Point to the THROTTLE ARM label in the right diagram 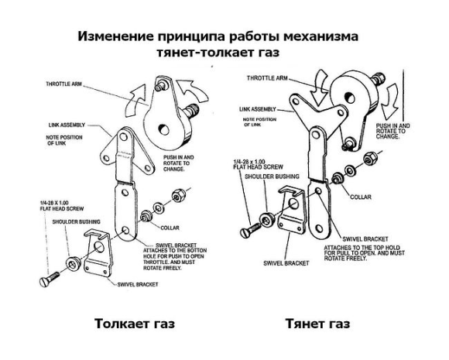(268, 78)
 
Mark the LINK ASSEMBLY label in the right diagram (265, 109)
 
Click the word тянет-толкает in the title (200, 53)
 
